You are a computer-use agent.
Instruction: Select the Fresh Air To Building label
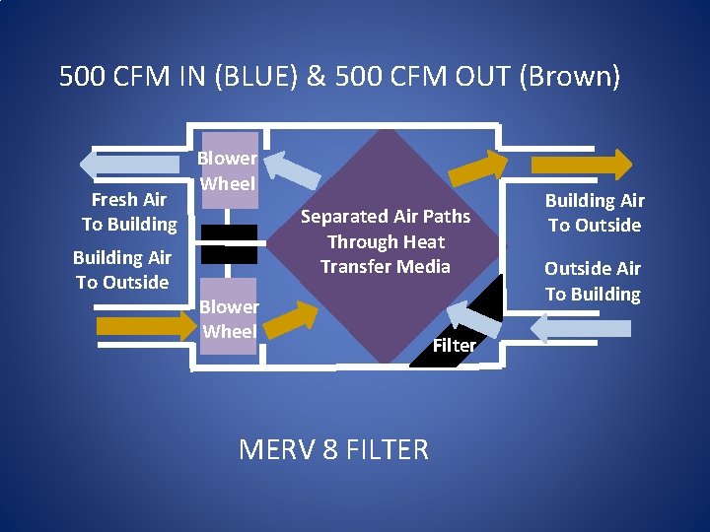[x=129, y=212]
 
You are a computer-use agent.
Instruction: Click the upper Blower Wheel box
[x=228, y=170]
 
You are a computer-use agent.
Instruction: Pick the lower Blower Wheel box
[x=229, y=319]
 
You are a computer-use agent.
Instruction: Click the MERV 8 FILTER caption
[x=333, y=450]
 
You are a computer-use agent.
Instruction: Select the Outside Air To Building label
[x=593, y=281]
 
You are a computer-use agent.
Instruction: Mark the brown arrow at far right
[x=582, y=164]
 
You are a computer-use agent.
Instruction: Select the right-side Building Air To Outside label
[x=595, y=213]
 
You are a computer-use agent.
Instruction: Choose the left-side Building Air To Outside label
[x=122, y=270]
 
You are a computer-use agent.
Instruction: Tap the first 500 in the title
[x=80, y=77]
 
